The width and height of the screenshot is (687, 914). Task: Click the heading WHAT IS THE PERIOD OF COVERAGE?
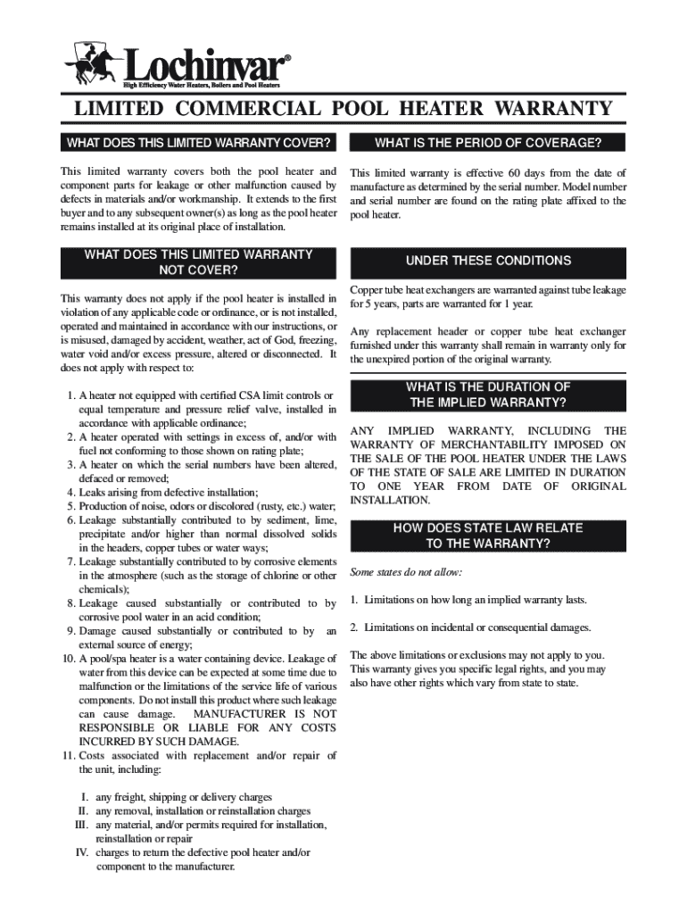click(x=488, y=143)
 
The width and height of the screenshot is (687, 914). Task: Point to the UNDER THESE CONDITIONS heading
click(x=488, y=261)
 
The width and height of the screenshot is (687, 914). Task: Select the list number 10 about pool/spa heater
click(x=68, y=659)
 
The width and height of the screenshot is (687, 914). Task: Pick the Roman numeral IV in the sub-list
click(x=81, y=853)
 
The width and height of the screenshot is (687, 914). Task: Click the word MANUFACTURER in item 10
click(x=239, y=714)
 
